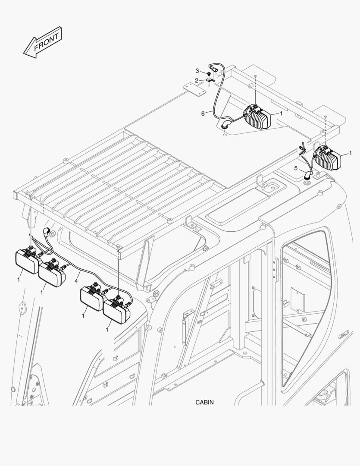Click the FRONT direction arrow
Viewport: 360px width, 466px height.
pyautogui.click(x=43, y=42)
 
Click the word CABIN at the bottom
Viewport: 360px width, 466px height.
pyautogui.click(x=204, y=402)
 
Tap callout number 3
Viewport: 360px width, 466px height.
pyautogui.click(x=197, y=71)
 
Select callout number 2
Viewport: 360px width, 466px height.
pyautogui.click(x=196, y=80)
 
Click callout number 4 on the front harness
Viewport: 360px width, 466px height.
pyautogui.click(x=76, y=281)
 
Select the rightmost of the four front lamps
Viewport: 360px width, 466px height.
pyautogui.click(x=117, y=311)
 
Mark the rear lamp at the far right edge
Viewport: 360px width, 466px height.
pyautogui.click(x=329, y=158)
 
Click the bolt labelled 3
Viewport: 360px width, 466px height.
pyautogui.click(x=209, y=74)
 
